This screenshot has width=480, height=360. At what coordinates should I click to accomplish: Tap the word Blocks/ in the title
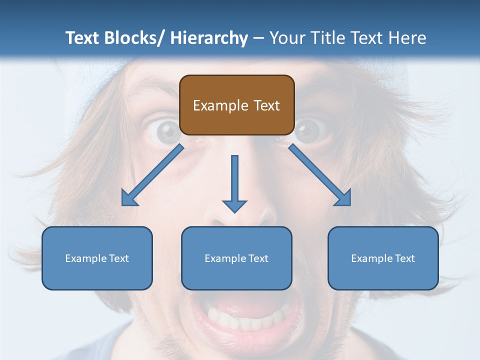pos(136,38)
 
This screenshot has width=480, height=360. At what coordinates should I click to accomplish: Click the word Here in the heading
pos(406,38)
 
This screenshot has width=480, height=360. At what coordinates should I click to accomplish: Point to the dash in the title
pos(258,38)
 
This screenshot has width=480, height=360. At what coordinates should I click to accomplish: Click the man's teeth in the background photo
pos(245,320)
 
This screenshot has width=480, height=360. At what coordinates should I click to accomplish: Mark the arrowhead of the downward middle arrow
pos(234,205)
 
